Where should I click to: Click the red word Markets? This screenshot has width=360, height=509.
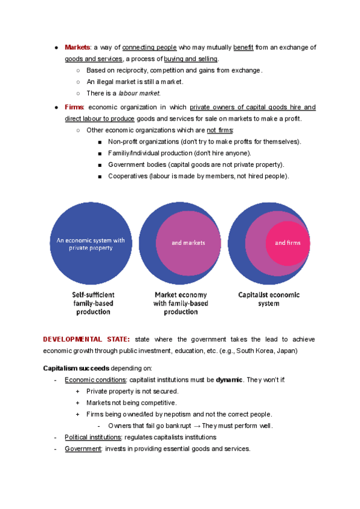click(77, 47)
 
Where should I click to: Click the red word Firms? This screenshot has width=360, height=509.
click(74, 107)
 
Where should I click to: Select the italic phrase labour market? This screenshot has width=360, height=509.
click(139, 93)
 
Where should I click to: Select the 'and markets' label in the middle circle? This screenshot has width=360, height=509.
click(188, 242)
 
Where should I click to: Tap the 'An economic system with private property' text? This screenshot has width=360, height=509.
click(91, 244)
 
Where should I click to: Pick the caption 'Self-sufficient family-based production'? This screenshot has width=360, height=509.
click(93, 303)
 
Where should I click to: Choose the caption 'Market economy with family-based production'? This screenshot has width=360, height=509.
click(181, 303)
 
